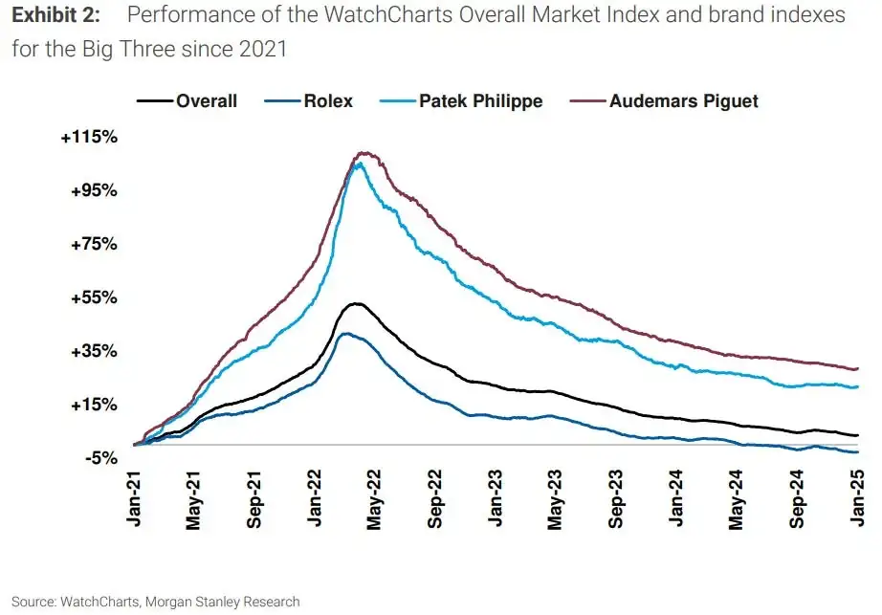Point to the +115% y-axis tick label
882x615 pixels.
89,138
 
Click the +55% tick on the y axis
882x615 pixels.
93,297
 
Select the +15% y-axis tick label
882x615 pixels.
93,405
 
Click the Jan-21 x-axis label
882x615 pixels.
134,498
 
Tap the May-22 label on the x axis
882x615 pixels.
375,498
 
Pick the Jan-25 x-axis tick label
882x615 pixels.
857,498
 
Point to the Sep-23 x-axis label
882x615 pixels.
616,498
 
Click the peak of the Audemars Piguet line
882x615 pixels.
363,152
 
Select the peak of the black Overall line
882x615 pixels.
356,303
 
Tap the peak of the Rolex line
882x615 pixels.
344,333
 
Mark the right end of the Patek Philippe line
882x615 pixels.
857,386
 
